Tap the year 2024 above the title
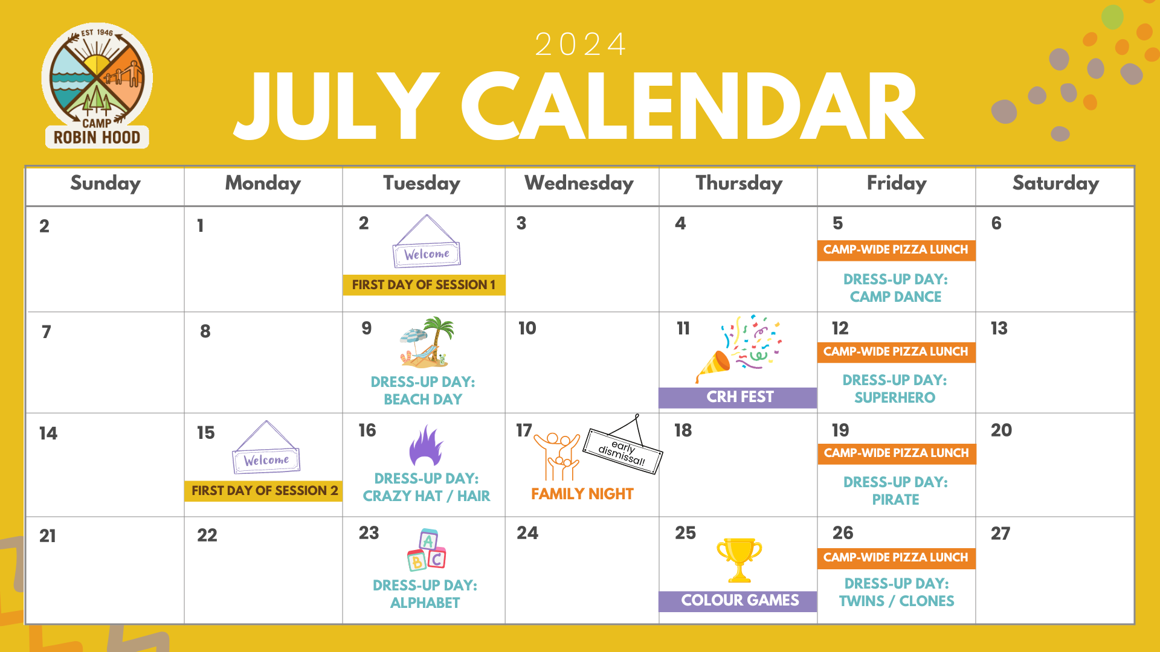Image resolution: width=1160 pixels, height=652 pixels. coord(581,44)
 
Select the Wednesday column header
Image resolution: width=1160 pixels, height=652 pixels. coord(579,184)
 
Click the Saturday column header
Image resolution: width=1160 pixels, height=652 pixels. coord(1055,184)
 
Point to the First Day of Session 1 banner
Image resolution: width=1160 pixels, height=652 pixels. coord(424,285)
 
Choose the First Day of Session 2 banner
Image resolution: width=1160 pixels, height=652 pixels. coord(264,491)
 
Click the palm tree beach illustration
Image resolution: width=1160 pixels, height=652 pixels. coord(427,342)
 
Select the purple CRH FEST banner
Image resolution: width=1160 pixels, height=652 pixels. coord(738,397)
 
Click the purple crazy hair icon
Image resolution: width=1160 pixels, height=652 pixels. coord(426,445)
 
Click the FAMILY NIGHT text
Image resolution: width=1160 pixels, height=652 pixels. coord(582,494)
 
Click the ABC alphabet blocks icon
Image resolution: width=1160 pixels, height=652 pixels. coord(427,550)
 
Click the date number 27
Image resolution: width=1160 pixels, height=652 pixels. coord(1000,534)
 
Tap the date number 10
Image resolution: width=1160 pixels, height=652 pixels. coord(527,328)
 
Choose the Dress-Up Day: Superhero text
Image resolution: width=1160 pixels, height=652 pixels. coord(895,389)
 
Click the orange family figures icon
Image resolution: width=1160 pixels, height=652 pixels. coord(556,456)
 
